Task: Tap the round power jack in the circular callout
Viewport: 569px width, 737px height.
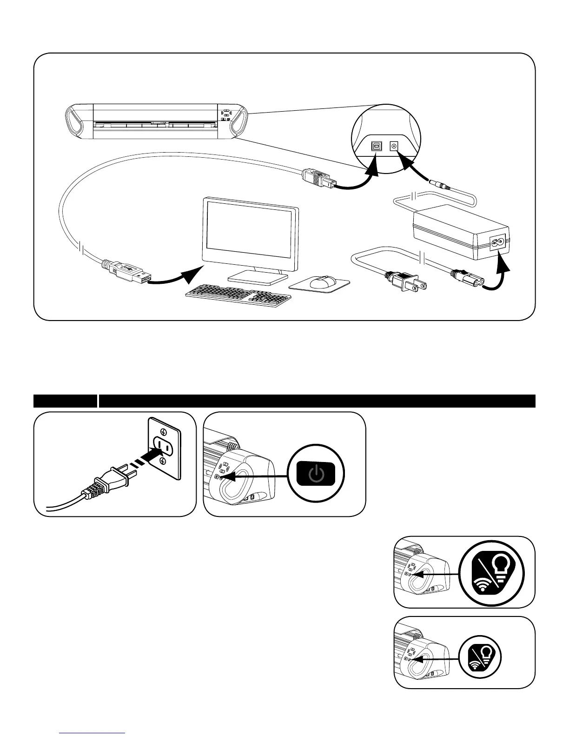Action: tap(395, 146)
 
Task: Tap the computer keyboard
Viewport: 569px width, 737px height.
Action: tap(238, 295)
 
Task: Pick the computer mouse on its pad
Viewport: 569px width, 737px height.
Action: tap(322, 281)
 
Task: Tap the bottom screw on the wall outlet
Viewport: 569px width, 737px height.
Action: tap(163, 461)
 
